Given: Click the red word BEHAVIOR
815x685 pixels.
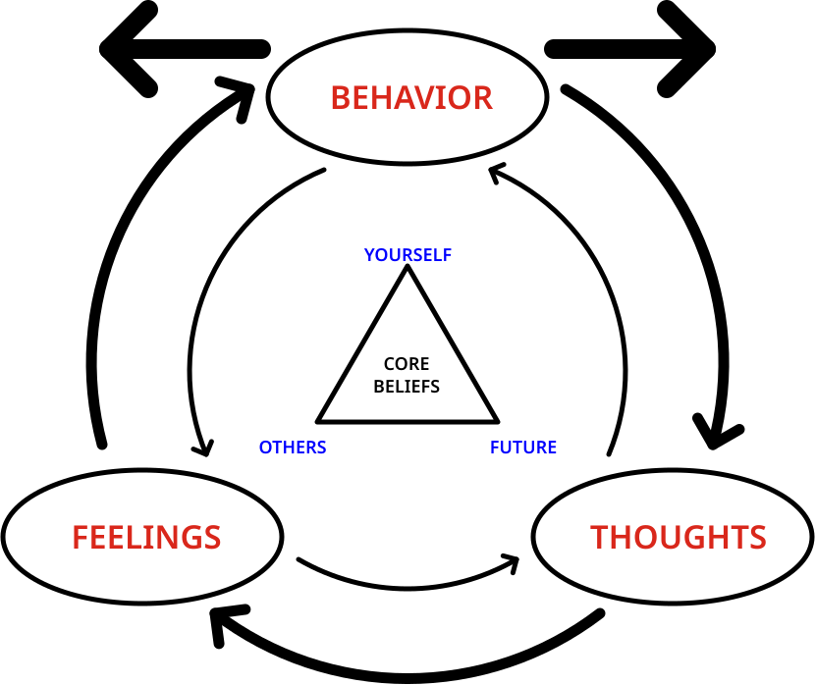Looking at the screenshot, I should (411, 98).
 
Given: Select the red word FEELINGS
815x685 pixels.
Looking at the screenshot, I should (146, 537).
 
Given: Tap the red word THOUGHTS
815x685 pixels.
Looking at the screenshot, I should (678, 537).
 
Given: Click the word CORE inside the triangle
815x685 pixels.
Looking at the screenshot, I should (407, 364).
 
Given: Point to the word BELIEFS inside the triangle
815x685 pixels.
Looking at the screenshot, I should (407, 386).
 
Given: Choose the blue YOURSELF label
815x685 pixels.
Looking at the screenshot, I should (407, 255).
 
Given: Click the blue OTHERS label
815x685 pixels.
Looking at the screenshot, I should (293, 448).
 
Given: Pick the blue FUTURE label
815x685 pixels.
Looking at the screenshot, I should (523, 448).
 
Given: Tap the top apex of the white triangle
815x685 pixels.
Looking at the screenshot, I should (407, 274).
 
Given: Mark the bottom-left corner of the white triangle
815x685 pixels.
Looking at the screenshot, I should (324, 418).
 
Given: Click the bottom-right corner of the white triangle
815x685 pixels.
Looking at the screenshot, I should (491, 418).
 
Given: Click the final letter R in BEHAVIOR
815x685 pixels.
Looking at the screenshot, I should (482, 98).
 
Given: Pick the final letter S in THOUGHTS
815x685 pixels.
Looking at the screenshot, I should (756, 537).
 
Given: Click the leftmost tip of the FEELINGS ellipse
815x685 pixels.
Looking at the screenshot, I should (7, 537).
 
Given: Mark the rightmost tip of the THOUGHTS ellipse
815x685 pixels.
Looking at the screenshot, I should (808, 537).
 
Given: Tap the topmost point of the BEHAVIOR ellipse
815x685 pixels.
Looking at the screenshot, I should (407, 34).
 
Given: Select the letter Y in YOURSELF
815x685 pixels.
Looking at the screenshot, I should (369, 255).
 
